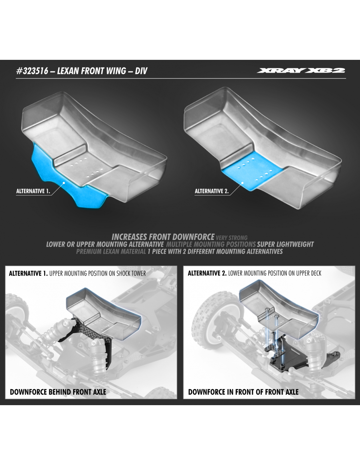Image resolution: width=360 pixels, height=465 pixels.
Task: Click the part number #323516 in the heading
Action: click(32, 71)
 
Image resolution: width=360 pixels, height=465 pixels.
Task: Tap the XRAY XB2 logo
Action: click(301, 71)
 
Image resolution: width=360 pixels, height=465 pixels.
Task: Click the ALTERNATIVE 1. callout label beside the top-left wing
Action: click(33, 191)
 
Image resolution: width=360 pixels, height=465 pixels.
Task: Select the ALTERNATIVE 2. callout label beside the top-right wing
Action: click(212, 191)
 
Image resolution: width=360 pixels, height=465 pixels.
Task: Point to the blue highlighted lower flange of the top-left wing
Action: click(64, 182)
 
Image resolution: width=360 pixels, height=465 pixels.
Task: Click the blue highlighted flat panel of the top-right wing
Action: click(253, 171)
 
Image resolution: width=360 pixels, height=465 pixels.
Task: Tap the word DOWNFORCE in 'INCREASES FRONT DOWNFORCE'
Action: click(193, 237)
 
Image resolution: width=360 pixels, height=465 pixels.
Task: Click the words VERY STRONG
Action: click(232, 238)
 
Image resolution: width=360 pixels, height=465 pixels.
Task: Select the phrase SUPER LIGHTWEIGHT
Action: click(285, 244)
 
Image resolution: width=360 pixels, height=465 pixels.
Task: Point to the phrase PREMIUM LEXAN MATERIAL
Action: click(111, 251)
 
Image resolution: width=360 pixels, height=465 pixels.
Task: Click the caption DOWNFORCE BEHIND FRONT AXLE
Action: click(58, 392)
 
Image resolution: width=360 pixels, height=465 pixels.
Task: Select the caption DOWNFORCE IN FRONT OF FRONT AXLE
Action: click(243, 392)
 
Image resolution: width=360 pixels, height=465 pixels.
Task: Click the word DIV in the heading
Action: click(141, 71)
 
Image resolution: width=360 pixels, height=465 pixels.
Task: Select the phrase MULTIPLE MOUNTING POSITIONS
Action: click(211, 244)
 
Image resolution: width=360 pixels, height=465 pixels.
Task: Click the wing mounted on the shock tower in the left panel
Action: click(103, 315)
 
